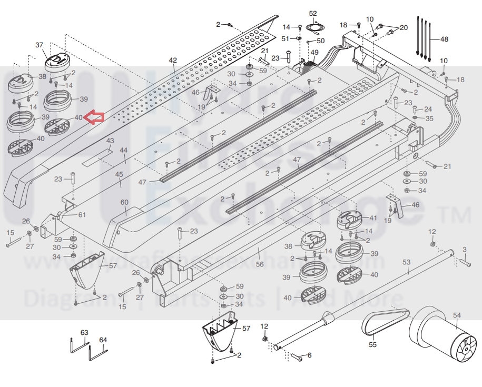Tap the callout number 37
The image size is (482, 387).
pyautogui.click(x=39, y=45)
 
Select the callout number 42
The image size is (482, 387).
pyautogui.click(x=173, y=61)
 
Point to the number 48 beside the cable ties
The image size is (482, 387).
pyautogui.click(x=444, y=39)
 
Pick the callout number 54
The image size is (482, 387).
pyautogui.click(x=457, y=315)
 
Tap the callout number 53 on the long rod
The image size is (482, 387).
pyautogui.click(x=406, y=262)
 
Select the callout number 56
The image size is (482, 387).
pyautogui.click(x=260, y=264)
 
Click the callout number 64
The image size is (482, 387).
pyautogui.click(x=103, y=340)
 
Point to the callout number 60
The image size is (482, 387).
pyautogui.click(x=124, y=203)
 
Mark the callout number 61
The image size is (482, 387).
pyautogui.click(x=82, y=215)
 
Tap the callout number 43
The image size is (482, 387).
pyautogui.click(x=110, y=141)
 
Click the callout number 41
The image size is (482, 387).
pyautogui.click(x=373, y=217)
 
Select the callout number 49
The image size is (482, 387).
pyautogui.click(x=314, y=52)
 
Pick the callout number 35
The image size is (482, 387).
pyautogui.click(x=429, y=118)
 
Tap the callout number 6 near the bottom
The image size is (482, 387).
pyautogui.click(x=309, y=355)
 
